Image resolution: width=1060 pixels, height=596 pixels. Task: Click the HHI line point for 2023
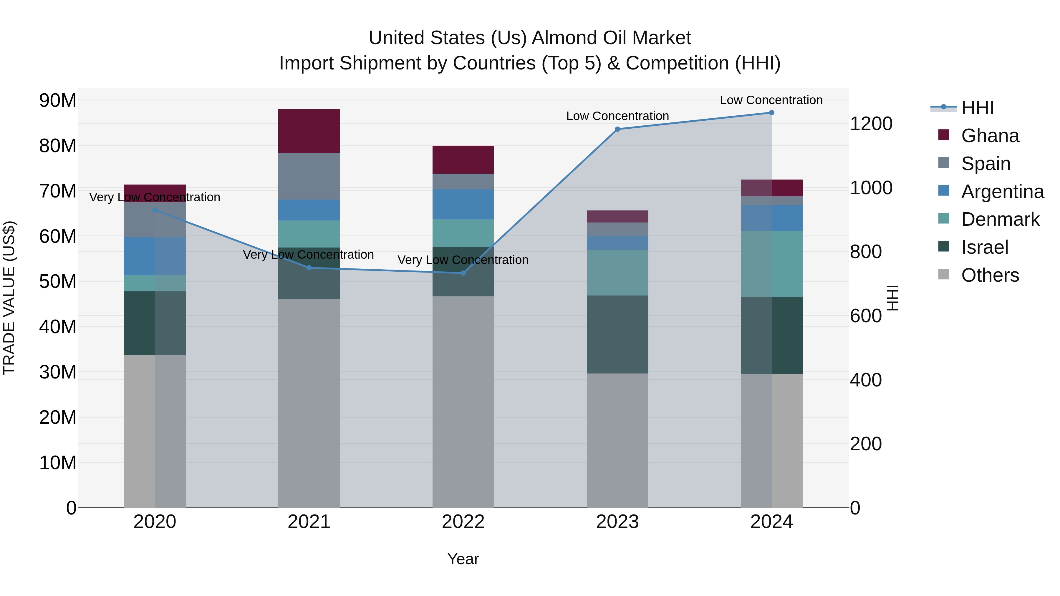coord(617,129)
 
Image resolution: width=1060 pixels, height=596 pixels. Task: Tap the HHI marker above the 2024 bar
coord(771,112)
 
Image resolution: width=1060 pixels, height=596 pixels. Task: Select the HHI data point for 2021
coord(309,268)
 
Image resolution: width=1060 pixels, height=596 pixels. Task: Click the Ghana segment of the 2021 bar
coord(309,131)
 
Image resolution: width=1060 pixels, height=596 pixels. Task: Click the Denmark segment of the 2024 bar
coord(771,264)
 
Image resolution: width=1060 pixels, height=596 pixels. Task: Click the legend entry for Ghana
coord(990,136)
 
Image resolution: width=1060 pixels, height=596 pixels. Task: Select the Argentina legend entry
coord(1002,192)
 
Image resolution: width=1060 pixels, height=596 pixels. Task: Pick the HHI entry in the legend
coord(977,108)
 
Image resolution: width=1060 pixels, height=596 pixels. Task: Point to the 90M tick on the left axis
coord(58,100)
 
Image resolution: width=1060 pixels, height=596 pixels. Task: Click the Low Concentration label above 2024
coord(771,100)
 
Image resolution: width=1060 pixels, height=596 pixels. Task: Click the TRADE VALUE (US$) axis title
coord(9,298)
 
